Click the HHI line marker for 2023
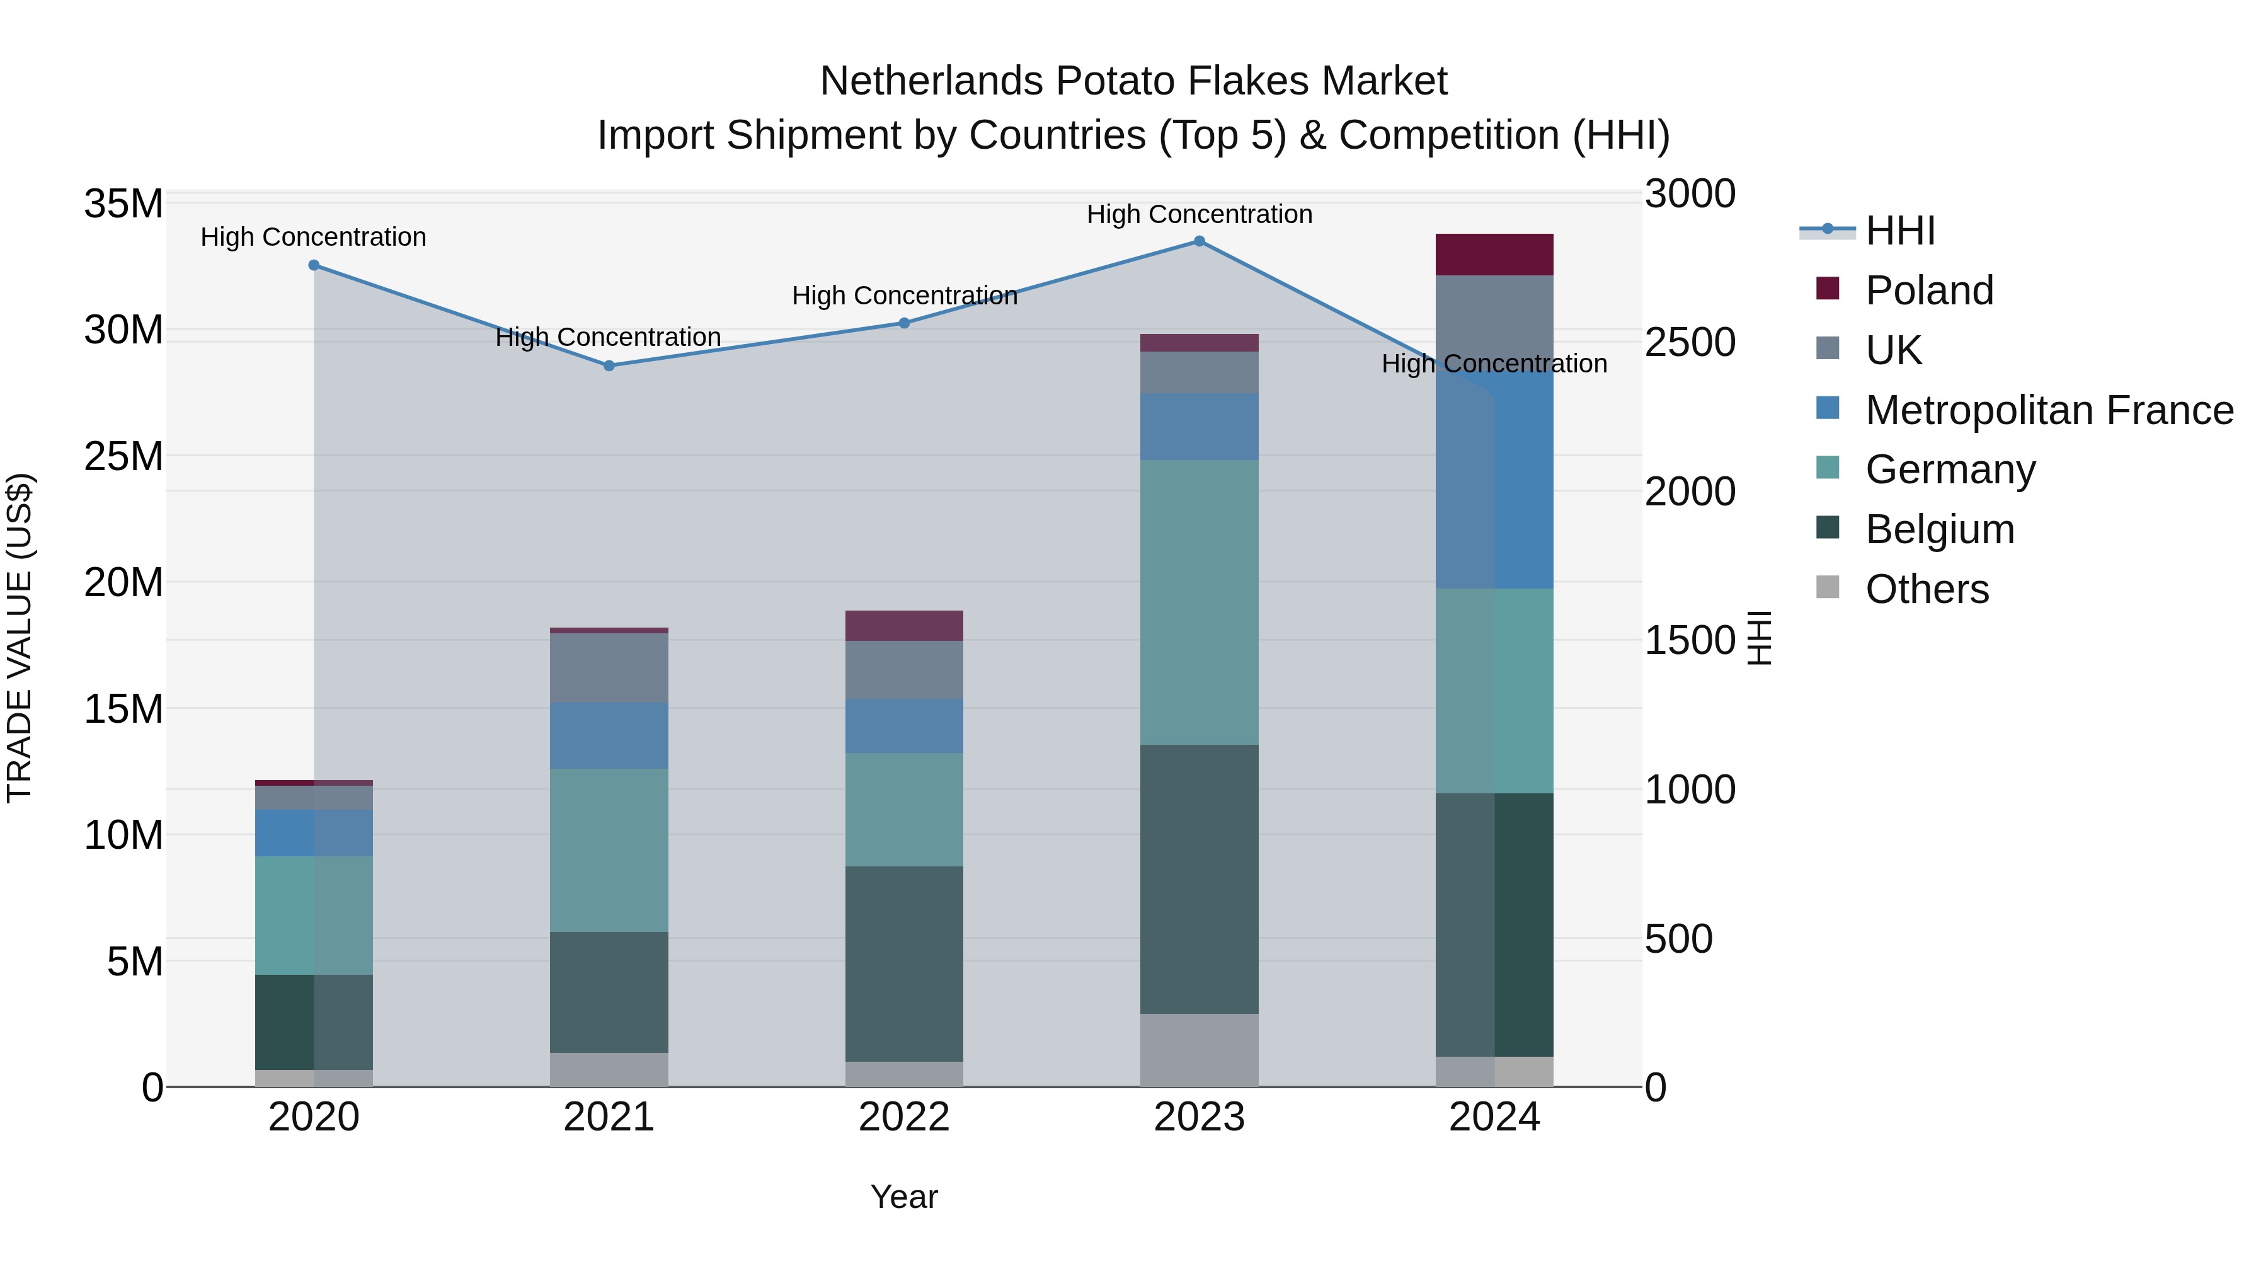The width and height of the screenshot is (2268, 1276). [x=1199, y=241]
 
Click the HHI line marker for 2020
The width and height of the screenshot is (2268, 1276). [x=314, y=265]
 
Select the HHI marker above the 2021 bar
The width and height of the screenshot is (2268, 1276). [x=609, y=365]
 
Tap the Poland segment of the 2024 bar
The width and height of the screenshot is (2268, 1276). [x=1494, y=255]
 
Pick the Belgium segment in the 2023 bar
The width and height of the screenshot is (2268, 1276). [x=1199, y=879]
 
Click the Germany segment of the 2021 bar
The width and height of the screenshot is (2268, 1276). [x=609, y=850]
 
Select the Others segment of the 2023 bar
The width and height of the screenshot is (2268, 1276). [x=1199, y=1050]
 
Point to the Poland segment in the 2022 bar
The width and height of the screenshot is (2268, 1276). [x=904, y=625]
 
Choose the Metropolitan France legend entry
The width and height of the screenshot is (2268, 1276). [x=2048, y=410]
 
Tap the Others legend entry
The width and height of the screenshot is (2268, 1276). [x=1927, y=589]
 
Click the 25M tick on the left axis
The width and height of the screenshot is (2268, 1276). [x=123, y=456]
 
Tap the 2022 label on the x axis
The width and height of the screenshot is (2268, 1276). [x=904, y=1117]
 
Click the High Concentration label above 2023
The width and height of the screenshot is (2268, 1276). [x=1199, y=214]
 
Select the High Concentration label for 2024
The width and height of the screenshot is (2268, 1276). [x=1494, y=363]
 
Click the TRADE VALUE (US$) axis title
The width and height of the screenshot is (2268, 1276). [x=20, y=638]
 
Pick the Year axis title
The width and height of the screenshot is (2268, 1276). [x=904, y=1197]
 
